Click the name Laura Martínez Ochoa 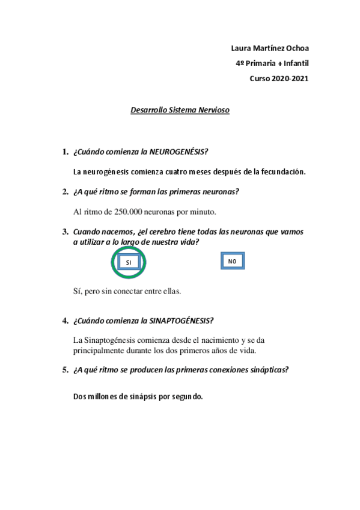click(270, 48)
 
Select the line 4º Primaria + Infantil click(272, 63)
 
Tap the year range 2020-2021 click(290, 78)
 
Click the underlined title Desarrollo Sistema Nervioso click(180, 111)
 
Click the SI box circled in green click(128, 262)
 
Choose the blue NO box click(232, 261)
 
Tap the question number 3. click(65, 232)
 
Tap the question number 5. click(65, 370)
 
